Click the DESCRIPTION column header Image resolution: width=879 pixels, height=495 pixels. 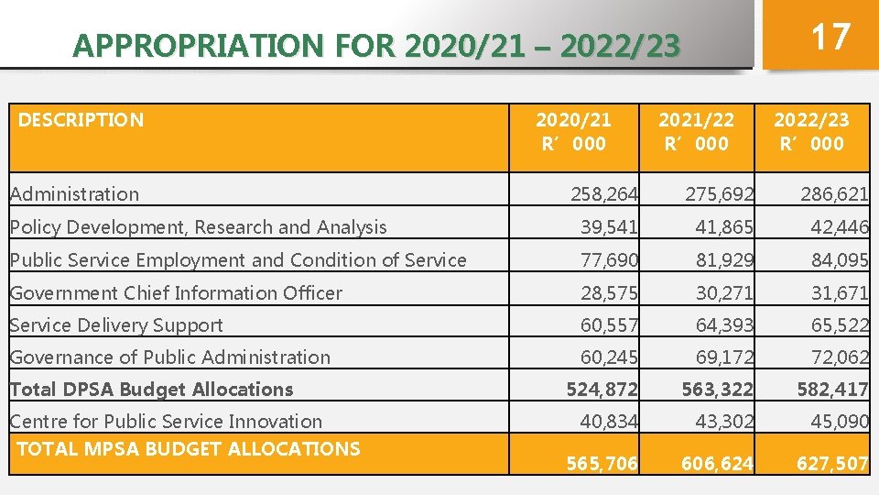pyautogui.click(x=81, y=120)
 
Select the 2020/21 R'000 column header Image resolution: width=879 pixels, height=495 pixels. pyautogui.click(x=573, y=131)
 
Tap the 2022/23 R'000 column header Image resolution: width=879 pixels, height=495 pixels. pyautogui.click(x=811, y=131)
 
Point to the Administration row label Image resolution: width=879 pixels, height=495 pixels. pyautogui.click(x=74, y=194)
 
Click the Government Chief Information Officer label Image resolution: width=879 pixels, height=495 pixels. pyautogui.click(x=176, y=293)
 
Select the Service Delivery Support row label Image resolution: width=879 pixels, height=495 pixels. pyautogui.click(x=116, y=325)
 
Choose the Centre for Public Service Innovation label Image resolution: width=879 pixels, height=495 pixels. pyautogui.click(x=166, y=422)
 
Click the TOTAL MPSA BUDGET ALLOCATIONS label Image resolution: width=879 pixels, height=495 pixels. pyautogui.click(x=189, y=449)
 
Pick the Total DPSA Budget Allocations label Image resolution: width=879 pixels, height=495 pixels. pyautogui.click(x=151, y=390)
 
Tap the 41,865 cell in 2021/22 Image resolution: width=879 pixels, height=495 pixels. pyautogui.click(x=724, y=227)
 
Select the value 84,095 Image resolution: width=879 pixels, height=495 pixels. pyautogui.click(x=839, y=260)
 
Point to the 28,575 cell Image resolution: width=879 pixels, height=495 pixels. pyautogui.click(x=610, y=293)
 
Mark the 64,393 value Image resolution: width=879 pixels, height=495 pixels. pyautogui.click(x=724, y=325)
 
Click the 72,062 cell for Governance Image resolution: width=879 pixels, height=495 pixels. pyautogui.click(x=839, y=357)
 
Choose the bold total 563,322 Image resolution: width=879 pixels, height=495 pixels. pyautogui.click(x=717, y=390)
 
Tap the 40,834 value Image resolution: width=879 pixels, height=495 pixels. pyautogui.click(x=610, y=422)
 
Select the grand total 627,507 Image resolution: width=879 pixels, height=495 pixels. pyautogui.click(x=831, y=464)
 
